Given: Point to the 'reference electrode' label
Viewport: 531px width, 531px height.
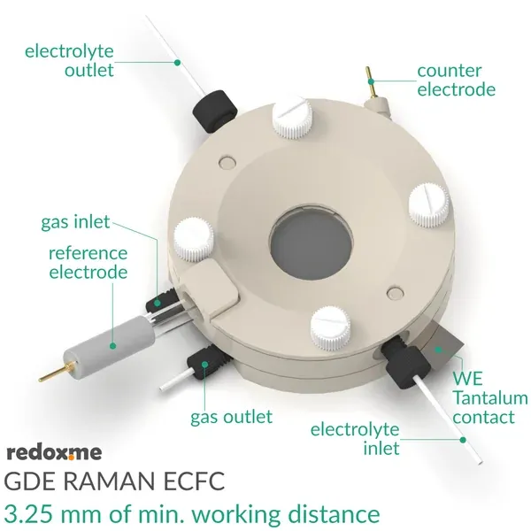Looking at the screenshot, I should pos(88,263).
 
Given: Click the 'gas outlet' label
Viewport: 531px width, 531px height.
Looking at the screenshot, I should pos(231,416).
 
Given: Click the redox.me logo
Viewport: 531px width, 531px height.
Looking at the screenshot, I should pos(54,453).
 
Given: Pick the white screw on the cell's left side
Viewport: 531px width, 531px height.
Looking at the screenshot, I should pos(194,236).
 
